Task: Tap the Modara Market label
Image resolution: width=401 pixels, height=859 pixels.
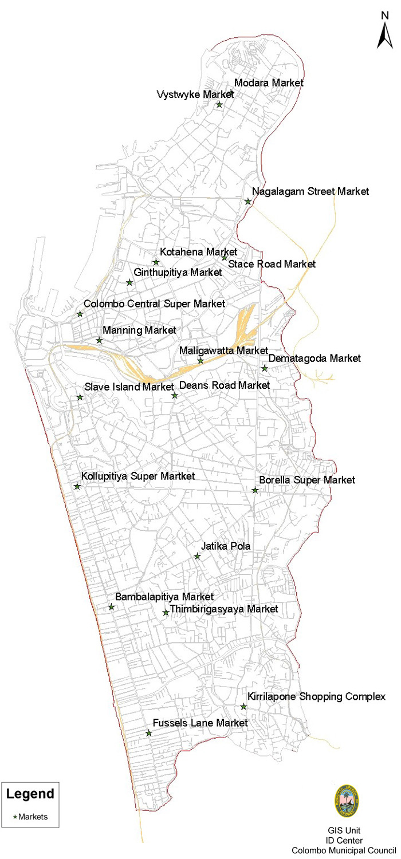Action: [x=269, y=83]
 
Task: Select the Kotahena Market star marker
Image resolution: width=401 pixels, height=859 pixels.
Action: [x=156, y=262]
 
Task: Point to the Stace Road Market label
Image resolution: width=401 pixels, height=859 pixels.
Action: [x=272, y=265]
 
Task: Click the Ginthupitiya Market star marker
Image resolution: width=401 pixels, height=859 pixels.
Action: [x=129, y=283]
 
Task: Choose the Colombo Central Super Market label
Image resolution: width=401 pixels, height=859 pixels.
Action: [x=155, y=304]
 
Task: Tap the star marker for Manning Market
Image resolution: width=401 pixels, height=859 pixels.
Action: [x=99, y=341]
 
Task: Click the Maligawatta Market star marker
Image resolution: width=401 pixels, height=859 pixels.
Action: [x=200, y=361]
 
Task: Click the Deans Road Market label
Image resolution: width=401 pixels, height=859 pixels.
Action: [x=225, y=385]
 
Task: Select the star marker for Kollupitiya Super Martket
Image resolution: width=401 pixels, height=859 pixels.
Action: [x=77, y=487]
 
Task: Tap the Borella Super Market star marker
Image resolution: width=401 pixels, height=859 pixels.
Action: [x=255, y=490]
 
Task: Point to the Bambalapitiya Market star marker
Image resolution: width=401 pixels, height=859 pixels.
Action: [x=112, y=607]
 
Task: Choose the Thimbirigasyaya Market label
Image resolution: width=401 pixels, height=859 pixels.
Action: [x=224, y=609]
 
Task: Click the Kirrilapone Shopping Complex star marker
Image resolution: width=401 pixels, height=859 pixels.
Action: [x=243, y=707]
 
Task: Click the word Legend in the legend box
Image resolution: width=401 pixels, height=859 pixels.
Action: [x=30, y=794]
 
